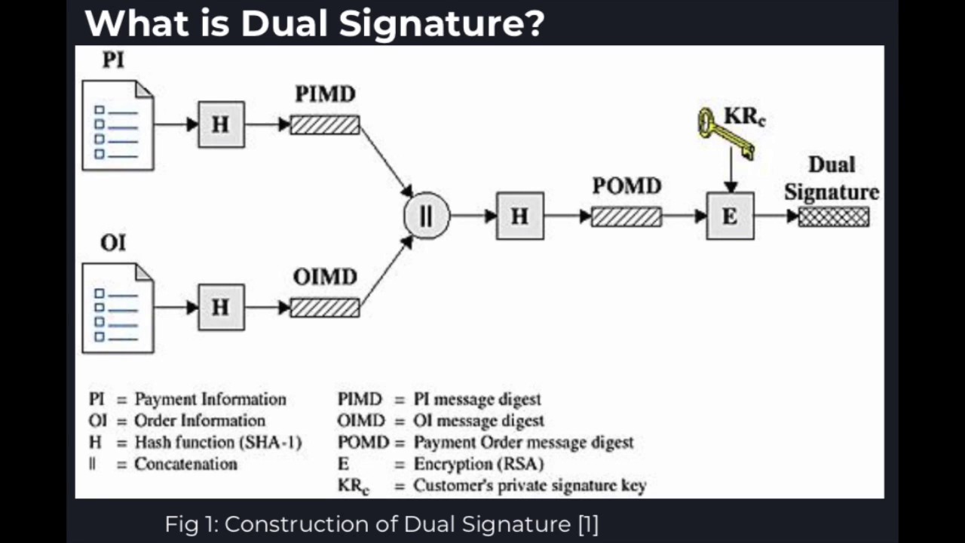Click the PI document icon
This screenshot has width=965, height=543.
[118, 125]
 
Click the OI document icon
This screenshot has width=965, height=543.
[118, 308]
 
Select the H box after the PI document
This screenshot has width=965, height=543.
[221, 124]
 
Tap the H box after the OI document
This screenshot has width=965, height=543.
[221, 307]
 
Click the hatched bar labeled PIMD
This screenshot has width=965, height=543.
[325, 124]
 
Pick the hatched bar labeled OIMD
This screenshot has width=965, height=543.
[325, 308]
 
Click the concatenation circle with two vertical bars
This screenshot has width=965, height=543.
[427, 216]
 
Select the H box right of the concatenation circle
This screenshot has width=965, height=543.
[519, 216]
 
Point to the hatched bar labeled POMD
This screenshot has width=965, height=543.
[626, 217]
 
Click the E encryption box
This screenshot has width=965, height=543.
[730, 216]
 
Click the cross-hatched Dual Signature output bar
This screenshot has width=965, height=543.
[833, 217]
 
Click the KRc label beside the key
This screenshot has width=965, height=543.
[745, 117]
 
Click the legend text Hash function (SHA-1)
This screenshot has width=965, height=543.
[218, 443]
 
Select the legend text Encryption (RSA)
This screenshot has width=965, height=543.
[478, 464]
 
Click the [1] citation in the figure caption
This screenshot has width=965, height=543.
[587, 524]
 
